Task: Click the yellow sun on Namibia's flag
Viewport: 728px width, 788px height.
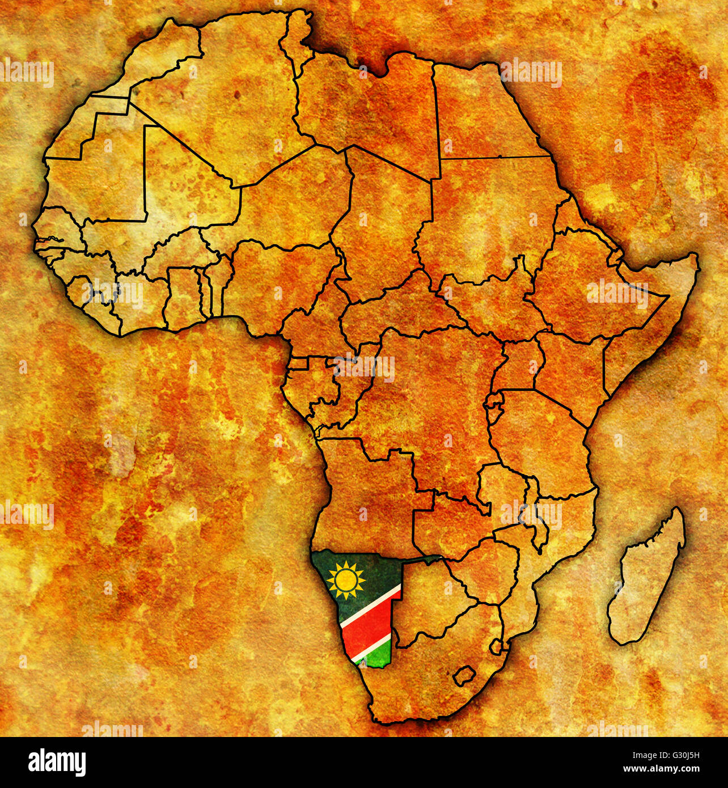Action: [346, 580]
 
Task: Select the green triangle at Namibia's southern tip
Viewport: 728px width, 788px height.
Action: [376, 656]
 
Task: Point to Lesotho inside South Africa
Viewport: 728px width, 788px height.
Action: [464, 675]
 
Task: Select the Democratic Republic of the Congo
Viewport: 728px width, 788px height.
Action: [431, 397]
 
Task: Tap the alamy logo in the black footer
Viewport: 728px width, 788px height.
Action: [57, 762]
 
